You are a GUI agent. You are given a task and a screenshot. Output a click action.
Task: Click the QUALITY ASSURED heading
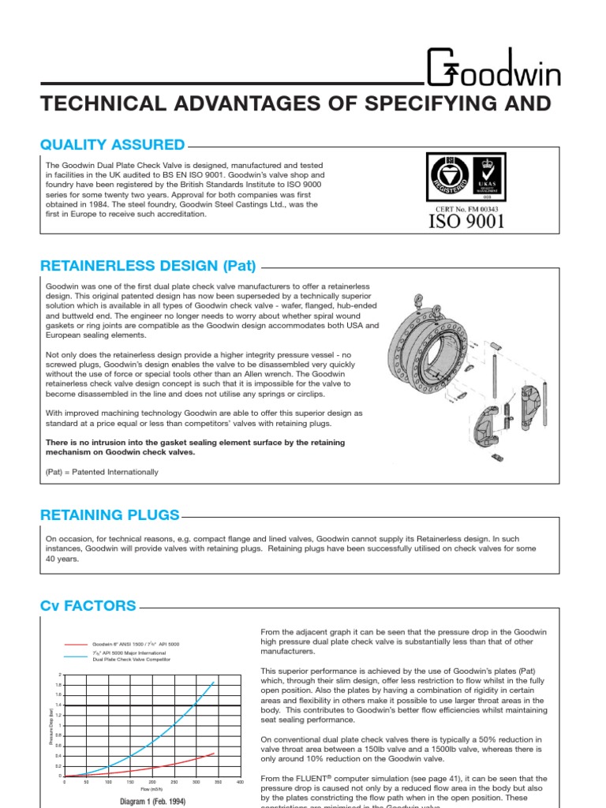[x=113, y=144]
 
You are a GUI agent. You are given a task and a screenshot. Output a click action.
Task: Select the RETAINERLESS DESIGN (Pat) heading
[x=148, y=266]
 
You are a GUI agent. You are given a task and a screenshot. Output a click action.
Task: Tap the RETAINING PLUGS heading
[x=110, y=515]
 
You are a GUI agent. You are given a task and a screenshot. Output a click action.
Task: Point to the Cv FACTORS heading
[x=88, y=606]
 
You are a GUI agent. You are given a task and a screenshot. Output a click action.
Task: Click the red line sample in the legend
[x=77, y=645]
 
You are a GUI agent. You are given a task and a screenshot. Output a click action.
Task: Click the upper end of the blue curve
[x=214, y=683]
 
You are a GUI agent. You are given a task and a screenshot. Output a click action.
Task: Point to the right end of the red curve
[x=214, y=753]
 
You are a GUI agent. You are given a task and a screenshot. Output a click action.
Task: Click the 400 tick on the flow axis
[x=240, y=782]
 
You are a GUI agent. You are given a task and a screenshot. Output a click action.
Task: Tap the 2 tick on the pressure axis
[x=58, y=675]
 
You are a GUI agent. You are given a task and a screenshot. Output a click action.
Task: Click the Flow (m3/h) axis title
[x=151, y=789]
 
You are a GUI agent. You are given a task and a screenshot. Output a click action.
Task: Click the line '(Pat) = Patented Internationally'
[x=102, y=472]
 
